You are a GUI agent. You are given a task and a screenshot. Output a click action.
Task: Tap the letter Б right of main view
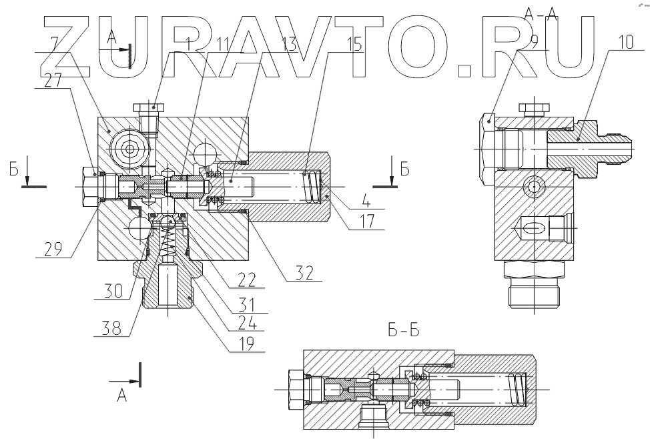(405, 169)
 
